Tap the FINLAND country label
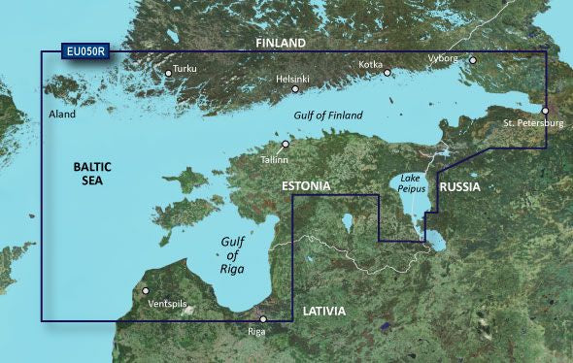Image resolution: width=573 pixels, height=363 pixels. pos(281,44)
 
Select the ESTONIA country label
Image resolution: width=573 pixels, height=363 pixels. pos(306,185)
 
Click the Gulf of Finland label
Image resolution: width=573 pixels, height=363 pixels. pos(327,115)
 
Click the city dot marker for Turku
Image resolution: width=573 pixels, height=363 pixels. pos(167,71)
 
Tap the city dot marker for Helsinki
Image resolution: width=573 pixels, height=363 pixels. pos(295,89)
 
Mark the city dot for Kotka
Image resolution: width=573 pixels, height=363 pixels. pos(387,72)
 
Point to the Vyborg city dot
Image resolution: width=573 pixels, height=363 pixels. pos(473,60)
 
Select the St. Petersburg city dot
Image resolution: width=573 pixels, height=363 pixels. pos(545,111)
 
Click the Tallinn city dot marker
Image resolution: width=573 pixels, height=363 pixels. pos(286,144)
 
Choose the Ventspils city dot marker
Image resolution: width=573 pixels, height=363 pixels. pos(146,290)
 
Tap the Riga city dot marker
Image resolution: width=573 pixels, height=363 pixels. pos(262,319)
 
